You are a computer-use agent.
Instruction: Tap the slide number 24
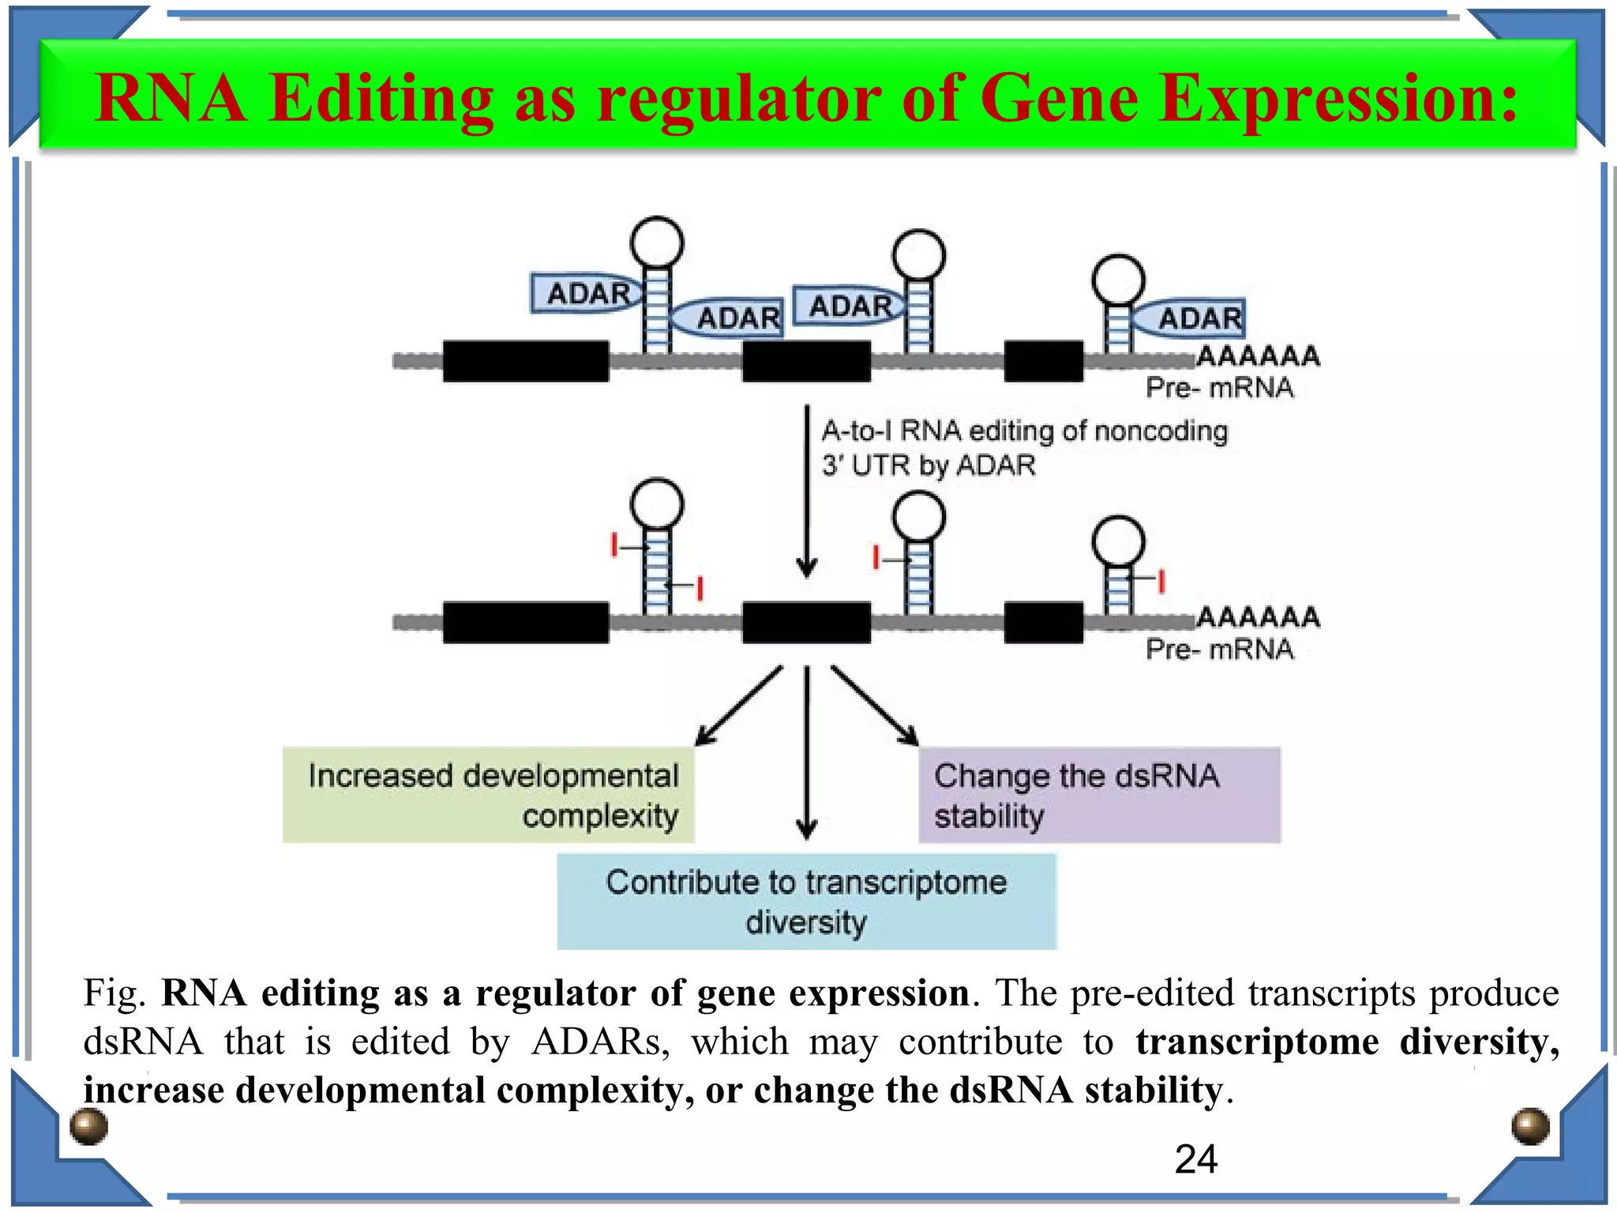1195,1160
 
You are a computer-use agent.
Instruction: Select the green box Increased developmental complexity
488,794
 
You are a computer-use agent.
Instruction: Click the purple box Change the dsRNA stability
1098,794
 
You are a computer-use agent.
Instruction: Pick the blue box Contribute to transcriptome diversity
806,901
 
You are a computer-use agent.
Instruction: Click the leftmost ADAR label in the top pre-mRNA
588,294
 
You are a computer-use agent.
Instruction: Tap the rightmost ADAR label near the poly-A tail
1199,318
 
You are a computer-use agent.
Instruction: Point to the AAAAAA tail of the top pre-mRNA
1259,356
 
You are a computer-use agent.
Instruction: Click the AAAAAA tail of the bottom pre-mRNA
1259,617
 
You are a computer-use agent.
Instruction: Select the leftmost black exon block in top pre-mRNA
525,362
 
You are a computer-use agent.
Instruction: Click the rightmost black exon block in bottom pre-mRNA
1043,622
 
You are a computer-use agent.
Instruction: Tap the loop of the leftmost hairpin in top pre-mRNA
657,242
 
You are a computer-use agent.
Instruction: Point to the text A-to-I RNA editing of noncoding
1024,431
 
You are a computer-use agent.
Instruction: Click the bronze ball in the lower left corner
88,1126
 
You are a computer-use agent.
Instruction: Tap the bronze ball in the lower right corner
1530,1126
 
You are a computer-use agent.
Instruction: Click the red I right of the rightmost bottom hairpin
1161,580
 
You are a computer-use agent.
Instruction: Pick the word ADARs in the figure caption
600,1042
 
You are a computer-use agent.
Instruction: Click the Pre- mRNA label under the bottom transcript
1219,649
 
